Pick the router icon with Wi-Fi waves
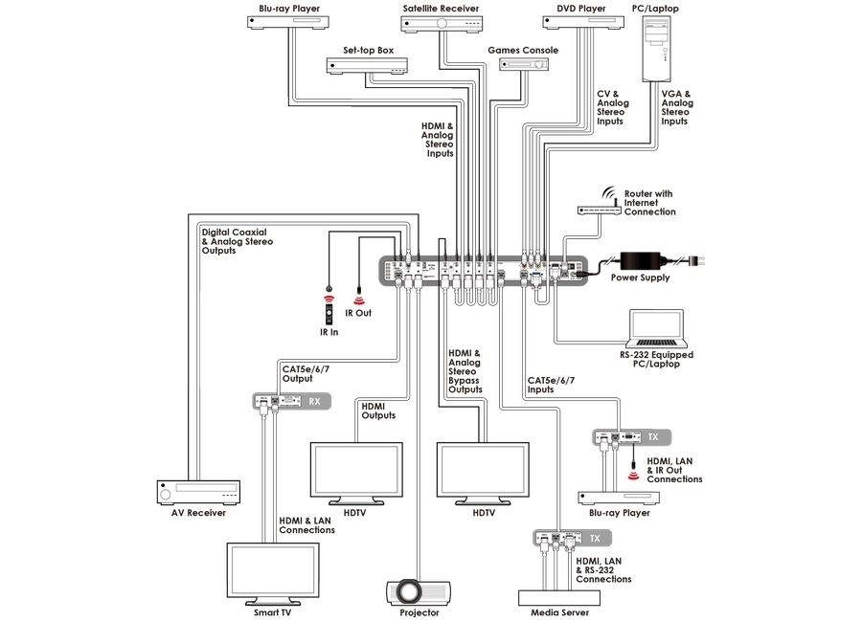coord(592,207)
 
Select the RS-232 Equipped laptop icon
coord(656,331)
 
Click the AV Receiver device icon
coord(198,493)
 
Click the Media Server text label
coord(553,612)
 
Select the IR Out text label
coord(357,313)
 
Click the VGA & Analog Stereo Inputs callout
coord(677,108)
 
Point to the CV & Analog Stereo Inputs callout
coord(613,108)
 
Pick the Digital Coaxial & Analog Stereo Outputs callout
coord(237,241)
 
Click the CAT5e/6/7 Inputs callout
coord(551,385)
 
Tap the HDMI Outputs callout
coord(379,411)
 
